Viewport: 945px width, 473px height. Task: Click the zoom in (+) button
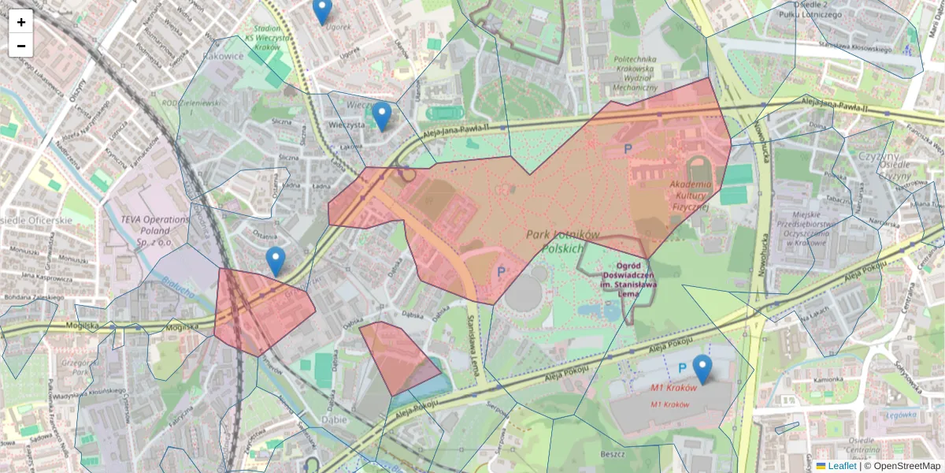(21, 22)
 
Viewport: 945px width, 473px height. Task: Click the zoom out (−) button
(21, 46)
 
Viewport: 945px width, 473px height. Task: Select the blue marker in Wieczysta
(381, 116)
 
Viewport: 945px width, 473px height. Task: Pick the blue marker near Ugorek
(322, 10)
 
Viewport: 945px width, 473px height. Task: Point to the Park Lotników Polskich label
(563, 241)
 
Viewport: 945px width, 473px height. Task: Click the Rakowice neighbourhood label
(223, 56)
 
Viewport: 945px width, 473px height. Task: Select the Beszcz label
(612, 454)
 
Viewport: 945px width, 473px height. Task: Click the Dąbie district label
(334, 419)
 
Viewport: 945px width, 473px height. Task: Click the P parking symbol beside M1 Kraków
(682, 368)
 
